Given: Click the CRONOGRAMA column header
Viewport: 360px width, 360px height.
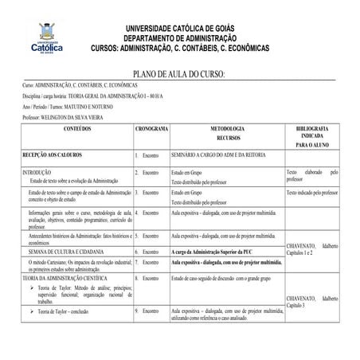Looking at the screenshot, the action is coord(151,128).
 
